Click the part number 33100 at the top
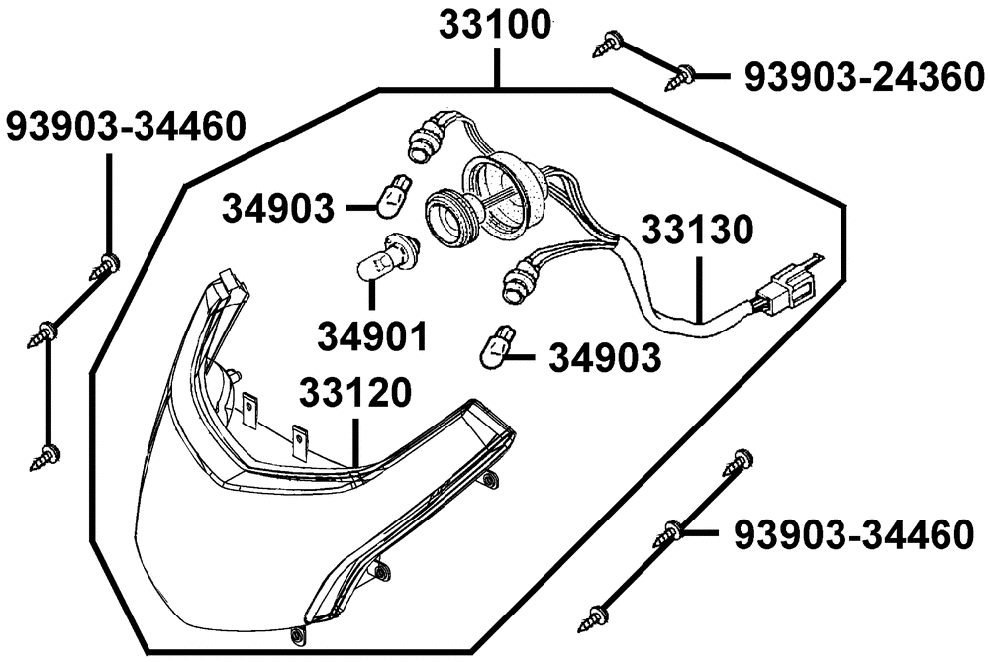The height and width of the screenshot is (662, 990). (x=495, y=26)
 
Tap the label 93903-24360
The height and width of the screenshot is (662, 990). (x=864, y=77)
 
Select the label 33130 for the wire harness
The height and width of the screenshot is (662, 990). (x=697, y=230)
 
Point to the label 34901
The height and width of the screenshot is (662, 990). (x=372, y=336)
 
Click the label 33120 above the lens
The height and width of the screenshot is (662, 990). (x=354, y=393)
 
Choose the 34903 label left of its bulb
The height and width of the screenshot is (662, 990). (x=278, y=208)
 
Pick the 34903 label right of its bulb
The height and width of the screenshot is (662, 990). (x=605, y=358)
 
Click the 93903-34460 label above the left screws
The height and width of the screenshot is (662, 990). (x=125, y=126)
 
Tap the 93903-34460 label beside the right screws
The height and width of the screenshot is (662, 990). (x=853, y=534)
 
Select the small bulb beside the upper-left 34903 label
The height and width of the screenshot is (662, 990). (x=395, y=197)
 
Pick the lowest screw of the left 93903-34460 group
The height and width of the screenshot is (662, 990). (x=46, y=456)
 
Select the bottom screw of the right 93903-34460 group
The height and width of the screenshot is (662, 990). (x=595, y=617)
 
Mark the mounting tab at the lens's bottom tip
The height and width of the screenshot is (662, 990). (x=297, y=635)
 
